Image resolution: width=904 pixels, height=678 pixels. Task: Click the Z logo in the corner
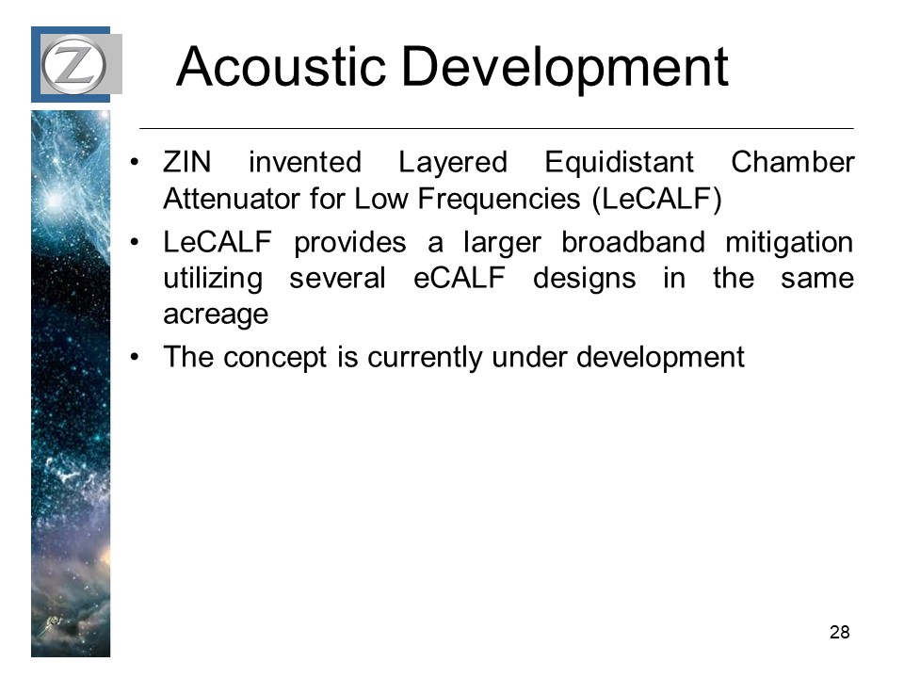tap(73, 64)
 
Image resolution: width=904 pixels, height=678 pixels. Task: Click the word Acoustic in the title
tap(282, 67)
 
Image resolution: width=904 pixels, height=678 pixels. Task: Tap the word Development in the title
tap(564, 69)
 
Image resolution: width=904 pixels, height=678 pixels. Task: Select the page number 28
tap(839, 632)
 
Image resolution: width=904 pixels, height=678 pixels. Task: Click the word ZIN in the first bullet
tap(186, 162)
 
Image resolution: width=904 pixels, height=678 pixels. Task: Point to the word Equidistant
tap(620, 162)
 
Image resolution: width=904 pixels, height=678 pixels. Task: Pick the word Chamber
tap(793, 162)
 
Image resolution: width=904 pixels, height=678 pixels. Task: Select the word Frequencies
tap(499, 200)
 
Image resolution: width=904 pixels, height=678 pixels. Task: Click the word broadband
tap(633, 242)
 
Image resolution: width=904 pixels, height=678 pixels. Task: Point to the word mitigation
tap(789, 243)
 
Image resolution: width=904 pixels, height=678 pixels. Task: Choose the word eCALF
tap(460, 278)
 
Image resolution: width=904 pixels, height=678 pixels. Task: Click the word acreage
tap(216, 315)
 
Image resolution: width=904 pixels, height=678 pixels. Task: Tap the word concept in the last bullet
tap(275, 358)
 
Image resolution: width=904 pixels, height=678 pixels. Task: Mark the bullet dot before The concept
tap(135, 358)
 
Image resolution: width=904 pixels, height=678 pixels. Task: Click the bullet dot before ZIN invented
tap(135, 162)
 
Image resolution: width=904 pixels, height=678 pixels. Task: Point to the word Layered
tap(453, 163)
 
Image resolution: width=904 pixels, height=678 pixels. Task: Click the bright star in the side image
tap(54, 200)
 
